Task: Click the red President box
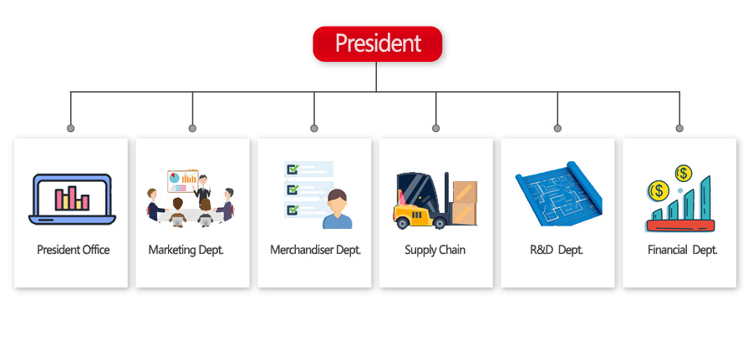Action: pyautogui.click(x=377, y=43)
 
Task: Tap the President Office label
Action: pyautogui.click(x=73, y=250)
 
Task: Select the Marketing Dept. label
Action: pyautogui.click(x=186, y=250)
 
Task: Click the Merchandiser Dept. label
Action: pyautogui.click(x=315, y=250)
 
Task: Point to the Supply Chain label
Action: pyautogui.click(x=435, y=250)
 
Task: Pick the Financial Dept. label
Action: pyautogui.click(x=682, y=250)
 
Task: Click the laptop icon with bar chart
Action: pyautogui.click(x=72, y=199)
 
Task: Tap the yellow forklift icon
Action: pyautogui.click(x=423, y=200)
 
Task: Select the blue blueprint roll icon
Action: pyautogui.click(x=559, y=194)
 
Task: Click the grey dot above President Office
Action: pyautogui.click(x=70, y=128)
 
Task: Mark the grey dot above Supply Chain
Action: pyautogui.click(x=435, y=128)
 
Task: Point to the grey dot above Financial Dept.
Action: pyautogui.click(x=679, y=128)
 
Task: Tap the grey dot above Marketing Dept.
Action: pyautogui.click(x=192, y=128)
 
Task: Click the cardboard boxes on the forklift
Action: pyautogui.click(x=465, y=203)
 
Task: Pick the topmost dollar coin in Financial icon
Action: pyautogui.click(x=683, y=173)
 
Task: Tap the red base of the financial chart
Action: pyautogui.click(x=680, y=226)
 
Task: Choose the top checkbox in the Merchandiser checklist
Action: pyautogui.click(x=293, y=170)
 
